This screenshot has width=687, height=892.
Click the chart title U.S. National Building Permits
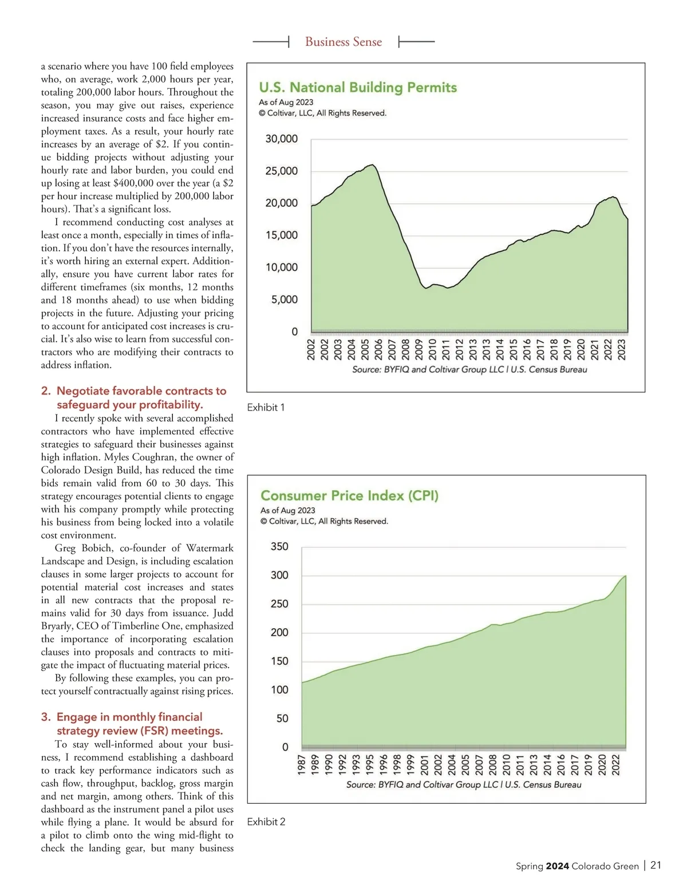358,88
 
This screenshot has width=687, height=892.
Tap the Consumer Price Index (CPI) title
349,496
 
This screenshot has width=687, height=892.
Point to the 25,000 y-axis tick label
281,171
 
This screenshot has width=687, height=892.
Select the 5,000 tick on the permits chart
285,299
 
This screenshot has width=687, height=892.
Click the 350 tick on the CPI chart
279,547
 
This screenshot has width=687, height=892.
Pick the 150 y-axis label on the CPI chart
279,661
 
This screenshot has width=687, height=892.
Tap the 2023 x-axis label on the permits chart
622,349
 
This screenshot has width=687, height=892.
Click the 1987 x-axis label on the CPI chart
302,765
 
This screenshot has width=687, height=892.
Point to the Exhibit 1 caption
266,408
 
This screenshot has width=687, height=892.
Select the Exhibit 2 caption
266,822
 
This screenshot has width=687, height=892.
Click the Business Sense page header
343,42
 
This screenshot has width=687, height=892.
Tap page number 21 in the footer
656,866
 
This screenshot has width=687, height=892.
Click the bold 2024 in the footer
557,866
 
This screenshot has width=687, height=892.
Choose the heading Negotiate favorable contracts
141,398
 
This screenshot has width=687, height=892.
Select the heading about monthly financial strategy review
139,724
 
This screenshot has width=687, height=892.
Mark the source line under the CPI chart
464,785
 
